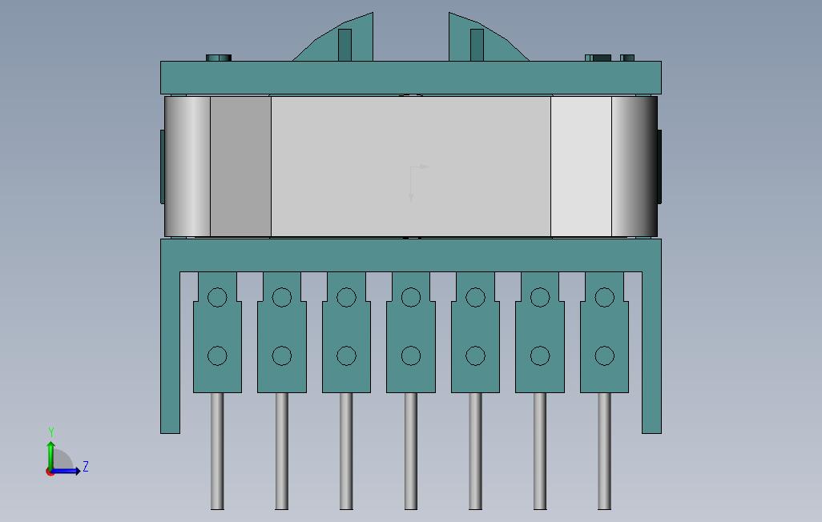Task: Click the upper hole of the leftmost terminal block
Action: [x=217, y=298]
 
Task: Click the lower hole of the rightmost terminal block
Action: [x=605, y=355]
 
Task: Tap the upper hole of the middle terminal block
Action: [x=411, y=298]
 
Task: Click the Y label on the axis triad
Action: [x=51, y=432]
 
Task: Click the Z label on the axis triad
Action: [x=86, y=467]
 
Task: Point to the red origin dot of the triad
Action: [x=50, y=472]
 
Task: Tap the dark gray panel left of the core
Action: [x=240, y=167]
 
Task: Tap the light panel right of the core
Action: [x=581, y=167]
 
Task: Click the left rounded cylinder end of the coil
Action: [x=187, y=167]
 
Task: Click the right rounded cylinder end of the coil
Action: [x=634, y=167]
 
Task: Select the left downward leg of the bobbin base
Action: [x=170, y=352]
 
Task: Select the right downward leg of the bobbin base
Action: [x=651, y=352]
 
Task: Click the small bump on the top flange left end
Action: [x=219, y=58]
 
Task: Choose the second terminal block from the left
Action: [x=281, y=332]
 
